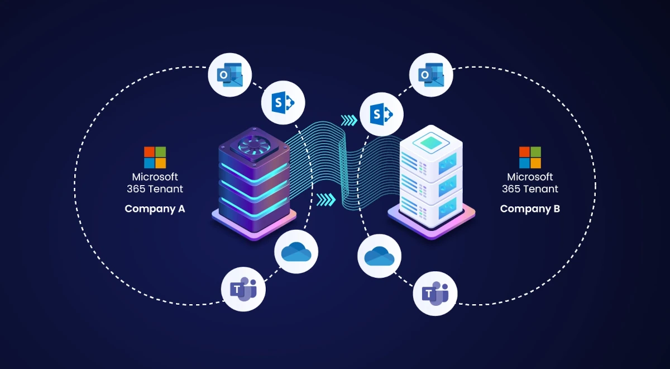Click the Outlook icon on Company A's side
click(230, 74)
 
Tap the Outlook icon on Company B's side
click(432, 74)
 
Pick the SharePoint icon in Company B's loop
click(381, 113)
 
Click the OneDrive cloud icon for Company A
click(296, 252)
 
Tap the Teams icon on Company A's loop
click(243, 289)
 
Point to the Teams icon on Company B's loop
click(435, 293)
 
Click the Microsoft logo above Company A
click(155, 158)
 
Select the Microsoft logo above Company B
click(530, 158)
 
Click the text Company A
click(155, 209)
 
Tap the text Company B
click(530, 209)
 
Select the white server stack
click(431, 179)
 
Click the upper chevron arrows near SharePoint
click(348, 120)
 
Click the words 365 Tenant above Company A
click(155, 189)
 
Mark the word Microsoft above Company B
click(530, 177)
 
